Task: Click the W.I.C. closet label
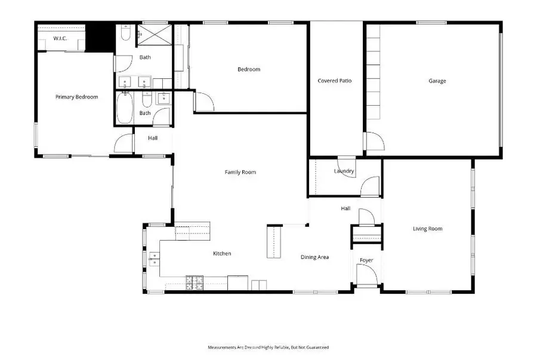(60, 39)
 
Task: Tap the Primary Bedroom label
(76, 97)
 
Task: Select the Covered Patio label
(335, 81)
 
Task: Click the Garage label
(437, 81)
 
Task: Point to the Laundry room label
(344, 171)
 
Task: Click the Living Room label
(427, 229)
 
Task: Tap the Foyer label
(366, 260)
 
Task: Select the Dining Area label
(314, 257)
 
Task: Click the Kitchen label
(222, 254)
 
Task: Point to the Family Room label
(240, 172)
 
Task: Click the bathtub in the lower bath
(125, 108)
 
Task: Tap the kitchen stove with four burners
(194, 282)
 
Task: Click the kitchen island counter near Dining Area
(273, 241)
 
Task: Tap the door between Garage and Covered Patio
(374, 142)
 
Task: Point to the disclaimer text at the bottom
(268, 347)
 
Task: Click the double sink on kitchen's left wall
(153, 259)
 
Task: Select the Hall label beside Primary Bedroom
(153, 138)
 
